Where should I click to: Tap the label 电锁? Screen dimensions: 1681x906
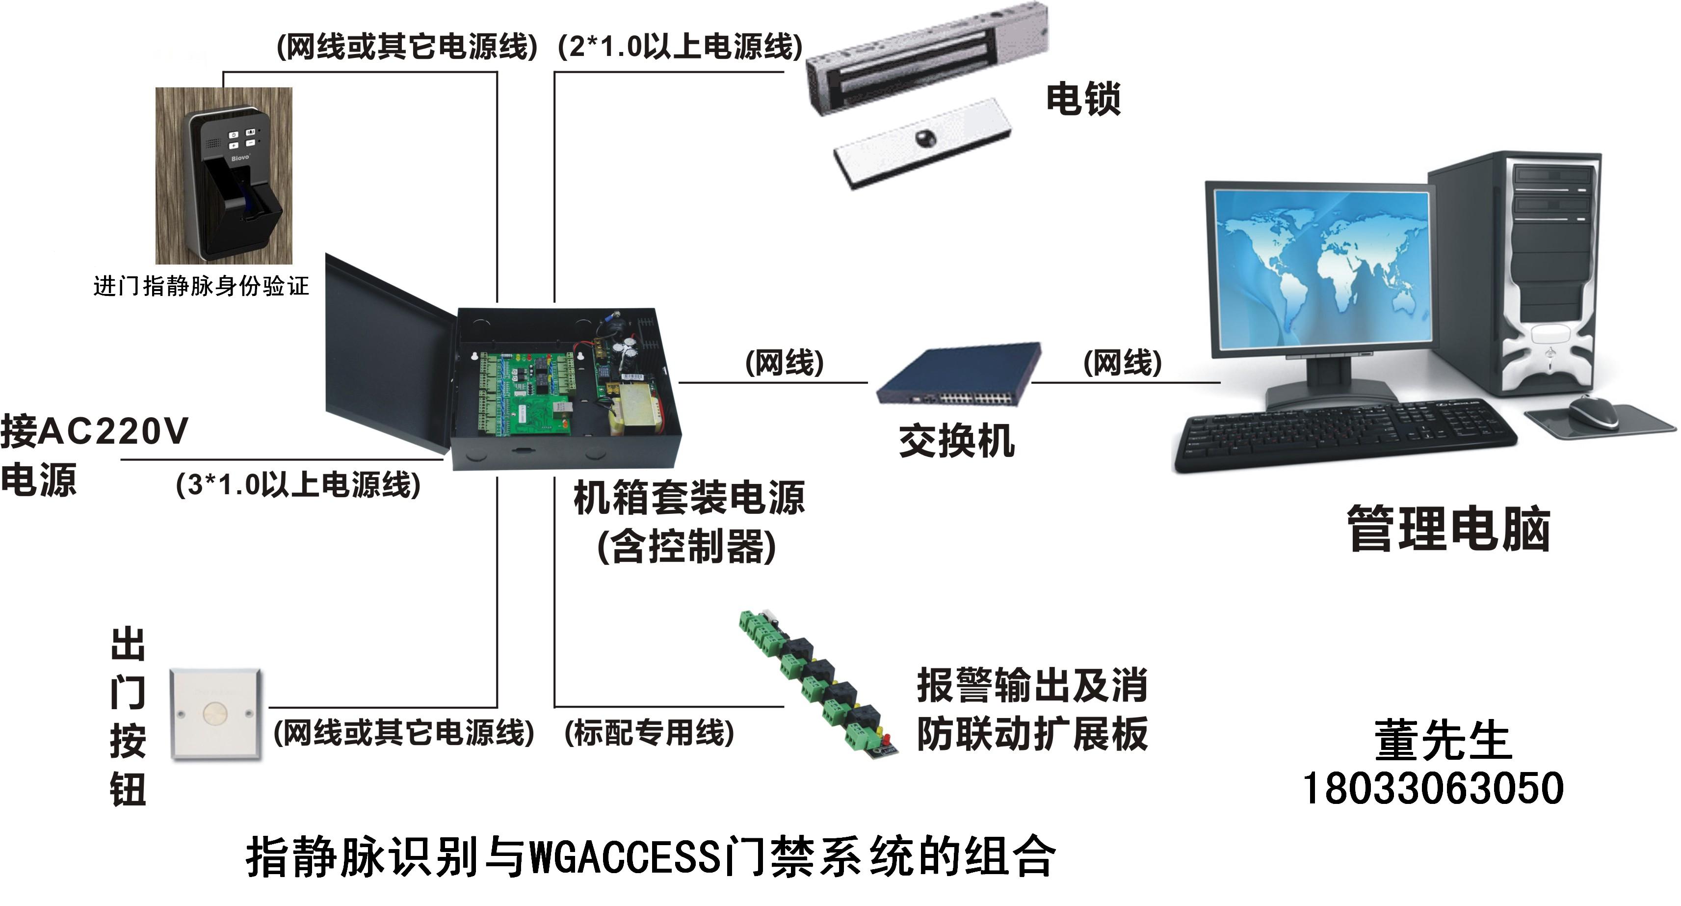click(1083, 99)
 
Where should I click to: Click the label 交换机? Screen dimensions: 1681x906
click(957, 441)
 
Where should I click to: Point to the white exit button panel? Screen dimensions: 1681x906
click(216, 714)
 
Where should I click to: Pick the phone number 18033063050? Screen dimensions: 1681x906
click(1433, 789)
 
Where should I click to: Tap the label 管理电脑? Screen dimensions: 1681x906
click(1449, 528)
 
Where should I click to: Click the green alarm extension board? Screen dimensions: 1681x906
click(819, 683)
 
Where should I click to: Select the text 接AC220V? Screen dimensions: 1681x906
click(95, 431)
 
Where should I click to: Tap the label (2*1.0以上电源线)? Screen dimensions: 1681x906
click(680, 46)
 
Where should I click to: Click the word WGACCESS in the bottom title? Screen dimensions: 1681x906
click(626, 856)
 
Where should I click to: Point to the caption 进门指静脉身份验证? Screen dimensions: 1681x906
click(201, 286)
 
